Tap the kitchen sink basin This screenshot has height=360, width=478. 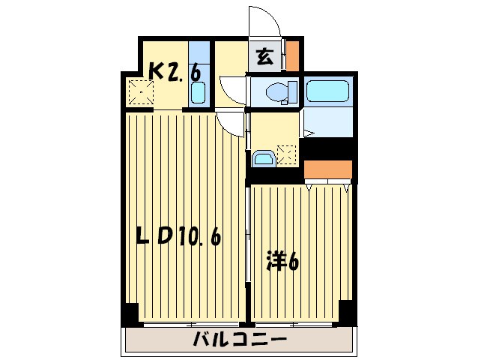198,94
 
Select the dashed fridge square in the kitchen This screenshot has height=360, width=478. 140,93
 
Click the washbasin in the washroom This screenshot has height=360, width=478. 263,158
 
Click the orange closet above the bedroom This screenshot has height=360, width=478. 328,170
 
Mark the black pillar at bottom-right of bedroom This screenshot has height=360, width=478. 346,310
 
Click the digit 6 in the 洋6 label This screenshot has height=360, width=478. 294,263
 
